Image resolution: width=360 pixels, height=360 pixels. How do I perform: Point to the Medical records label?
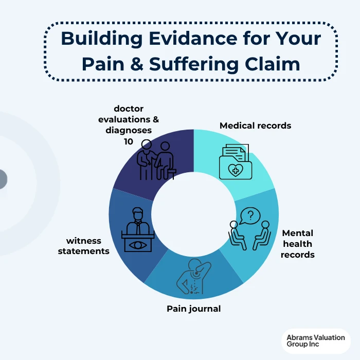click(255, 125)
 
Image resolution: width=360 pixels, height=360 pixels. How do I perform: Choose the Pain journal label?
click(193, 309)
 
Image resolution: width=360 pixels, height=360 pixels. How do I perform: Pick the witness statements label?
click(87, 246)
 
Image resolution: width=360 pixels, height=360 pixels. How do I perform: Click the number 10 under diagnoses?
click(129, 140)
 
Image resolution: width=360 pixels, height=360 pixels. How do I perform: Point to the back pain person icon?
click(191, 276)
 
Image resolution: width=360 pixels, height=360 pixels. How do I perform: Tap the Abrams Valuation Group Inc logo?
click(316, 341)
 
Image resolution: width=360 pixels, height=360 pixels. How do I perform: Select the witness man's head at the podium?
click(137, 212)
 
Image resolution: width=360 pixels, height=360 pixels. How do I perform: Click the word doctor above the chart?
click(129, 109)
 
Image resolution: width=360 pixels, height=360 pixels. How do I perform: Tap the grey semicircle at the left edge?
click(3, 179)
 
